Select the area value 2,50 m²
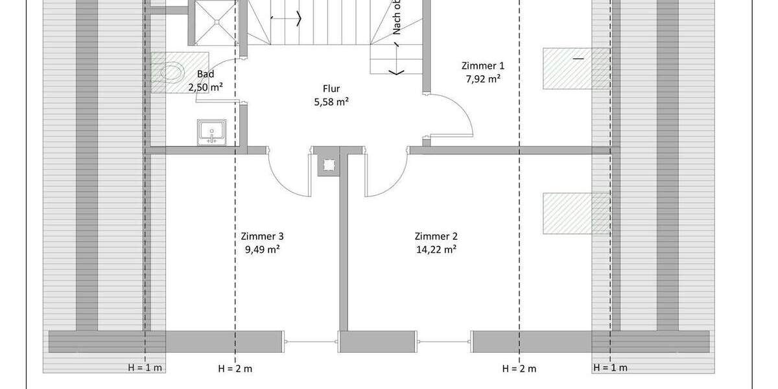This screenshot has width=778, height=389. tap(206, 87)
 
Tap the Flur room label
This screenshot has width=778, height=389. tap(331, 89)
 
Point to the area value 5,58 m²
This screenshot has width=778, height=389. tap(331, 101)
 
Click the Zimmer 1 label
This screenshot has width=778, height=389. tap(482, 65)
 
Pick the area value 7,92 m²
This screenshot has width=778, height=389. tap(482, 78)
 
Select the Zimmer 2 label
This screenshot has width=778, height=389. tap(436, 237)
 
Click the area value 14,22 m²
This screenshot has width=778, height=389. tap(436, 249)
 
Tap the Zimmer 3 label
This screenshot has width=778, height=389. tap(262, 237)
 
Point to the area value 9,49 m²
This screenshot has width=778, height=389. tap(262, 249)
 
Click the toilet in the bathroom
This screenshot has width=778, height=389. tap(170, 71)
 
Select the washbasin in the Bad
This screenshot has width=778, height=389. tap(212, 132)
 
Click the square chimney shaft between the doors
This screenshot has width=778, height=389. tap(327, 165)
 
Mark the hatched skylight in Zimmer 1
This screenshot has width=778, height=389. tap(576, 68)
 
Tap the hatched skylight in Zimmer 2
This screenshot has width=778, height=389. tap(576, 213)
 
